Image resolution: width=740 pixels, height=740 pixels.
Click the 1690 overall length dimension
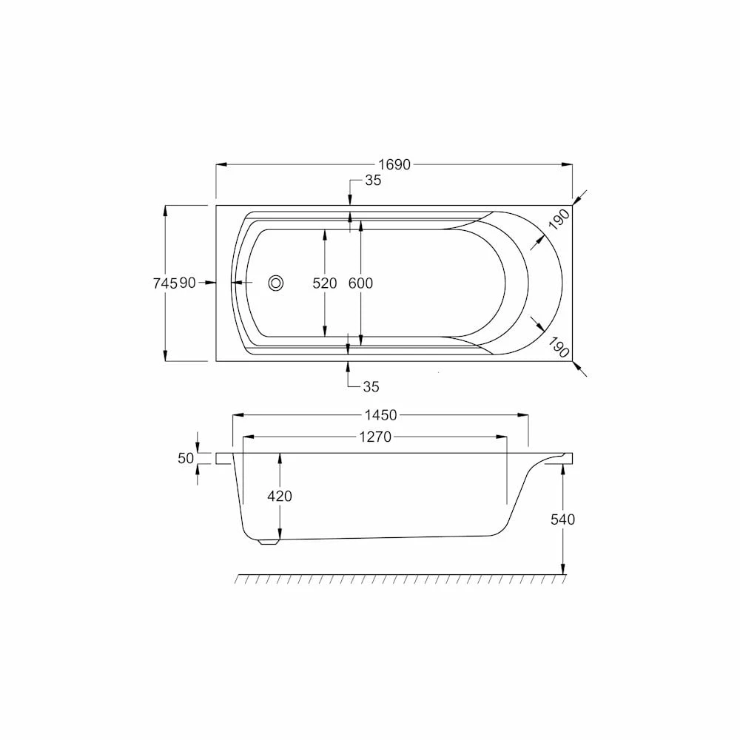(x=394, y=165)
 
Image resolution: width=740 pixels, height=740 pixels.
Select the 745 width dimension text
(x=165, y=283)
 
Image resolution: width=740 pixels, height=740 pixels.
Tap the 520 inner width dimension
(x=325, y=283)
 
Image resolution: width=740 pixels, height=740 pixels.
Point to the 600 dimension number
(x=360, y=283)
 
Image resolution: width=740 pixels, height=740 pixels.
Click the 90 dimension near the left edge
(x=187, y=283)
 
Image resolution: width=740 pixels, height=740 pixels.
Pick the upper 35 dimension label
(x=373, y=181)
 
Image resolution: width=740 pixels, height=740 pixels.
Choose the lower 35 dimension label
(x=371, y=387)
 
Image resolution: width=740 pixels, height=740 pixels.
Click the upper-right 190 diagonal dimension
(x=559, y=220)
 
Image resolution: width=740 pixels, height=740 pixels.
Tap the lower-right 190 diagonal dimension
(x=559, y=347)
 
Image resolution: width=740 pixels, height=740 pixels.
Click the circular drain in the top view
(x=276, y=283)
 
